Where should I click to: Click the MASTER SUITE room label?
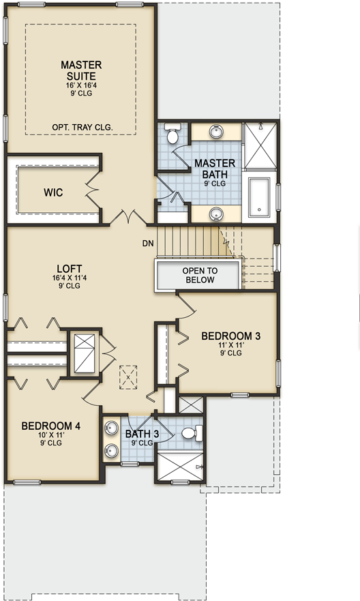81,70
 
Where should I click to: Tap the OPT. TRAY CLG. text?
82,127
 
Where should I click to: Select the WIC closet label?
53,192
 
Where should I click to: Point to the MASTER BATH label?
215,168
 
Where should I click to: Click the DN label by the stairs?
148,244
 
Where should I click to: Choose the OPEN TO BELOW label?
200,275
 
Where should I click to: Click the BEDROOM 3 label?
230,336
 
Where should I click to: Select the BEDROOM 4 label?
51,426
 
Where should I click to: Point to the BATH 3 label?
142,433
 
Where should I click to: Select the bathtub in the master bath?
259,197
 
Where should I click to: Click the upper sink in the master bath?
216,131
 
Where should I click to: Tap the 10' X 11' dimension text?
51,435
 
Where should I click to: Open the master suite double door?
127,216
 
